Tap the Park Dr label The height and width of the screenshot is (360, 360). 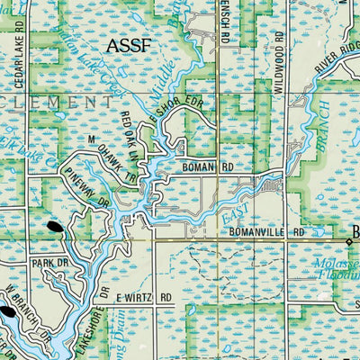[43, 264]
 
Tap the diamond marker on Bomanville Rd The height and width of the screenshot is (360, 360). [350, 240]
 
